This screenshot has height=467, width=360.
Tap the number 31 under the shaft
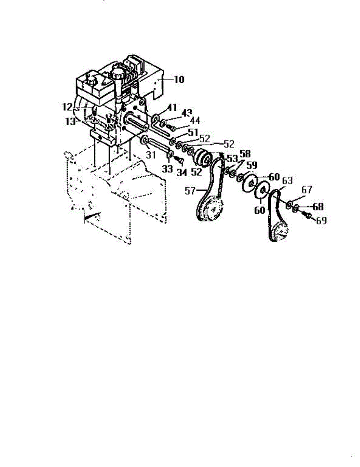(x=151, y=154)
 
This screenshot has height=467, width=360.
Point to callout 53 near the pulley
(x=232, y=158)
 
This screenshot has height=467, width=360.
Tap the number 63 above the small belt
(x=287, y=181)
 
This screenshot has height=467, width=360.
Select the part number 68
(x=318, y=206)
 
